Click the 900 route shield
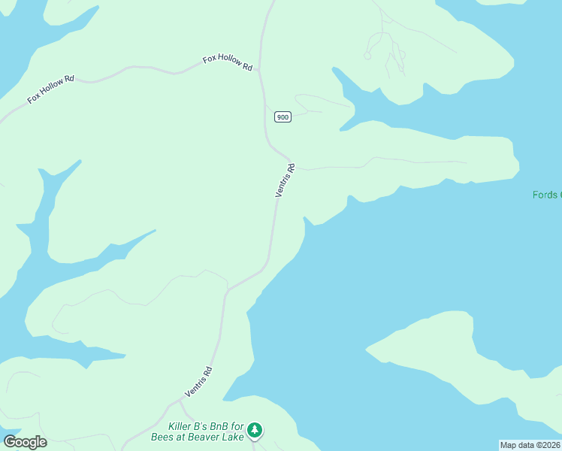283,117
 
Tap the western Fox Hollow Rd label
51,88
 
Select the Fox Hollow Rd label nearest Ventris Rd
227,62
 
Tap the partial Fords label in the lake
545,195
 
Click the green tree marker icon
256,430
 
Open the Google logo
25,442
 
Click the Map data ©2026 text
530,445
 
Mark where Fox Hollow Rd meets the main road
260,71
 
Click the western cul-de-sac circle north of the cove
367,55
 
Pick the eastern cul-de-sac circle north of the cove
403,54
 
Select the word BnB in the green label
219,425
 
